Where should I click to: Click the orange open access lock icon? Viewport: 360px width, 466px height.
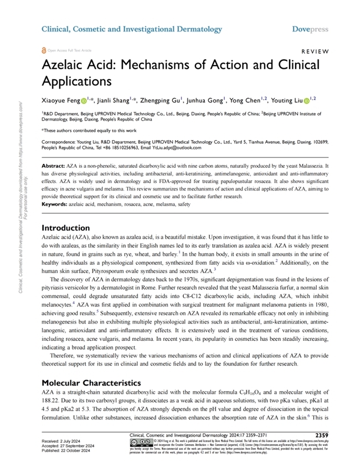[44, 49]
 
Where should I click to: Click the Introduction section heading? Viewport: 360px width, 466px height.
[65, 227]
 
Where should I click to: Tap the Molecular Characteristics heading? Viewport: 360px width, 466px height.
[93, 382]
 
